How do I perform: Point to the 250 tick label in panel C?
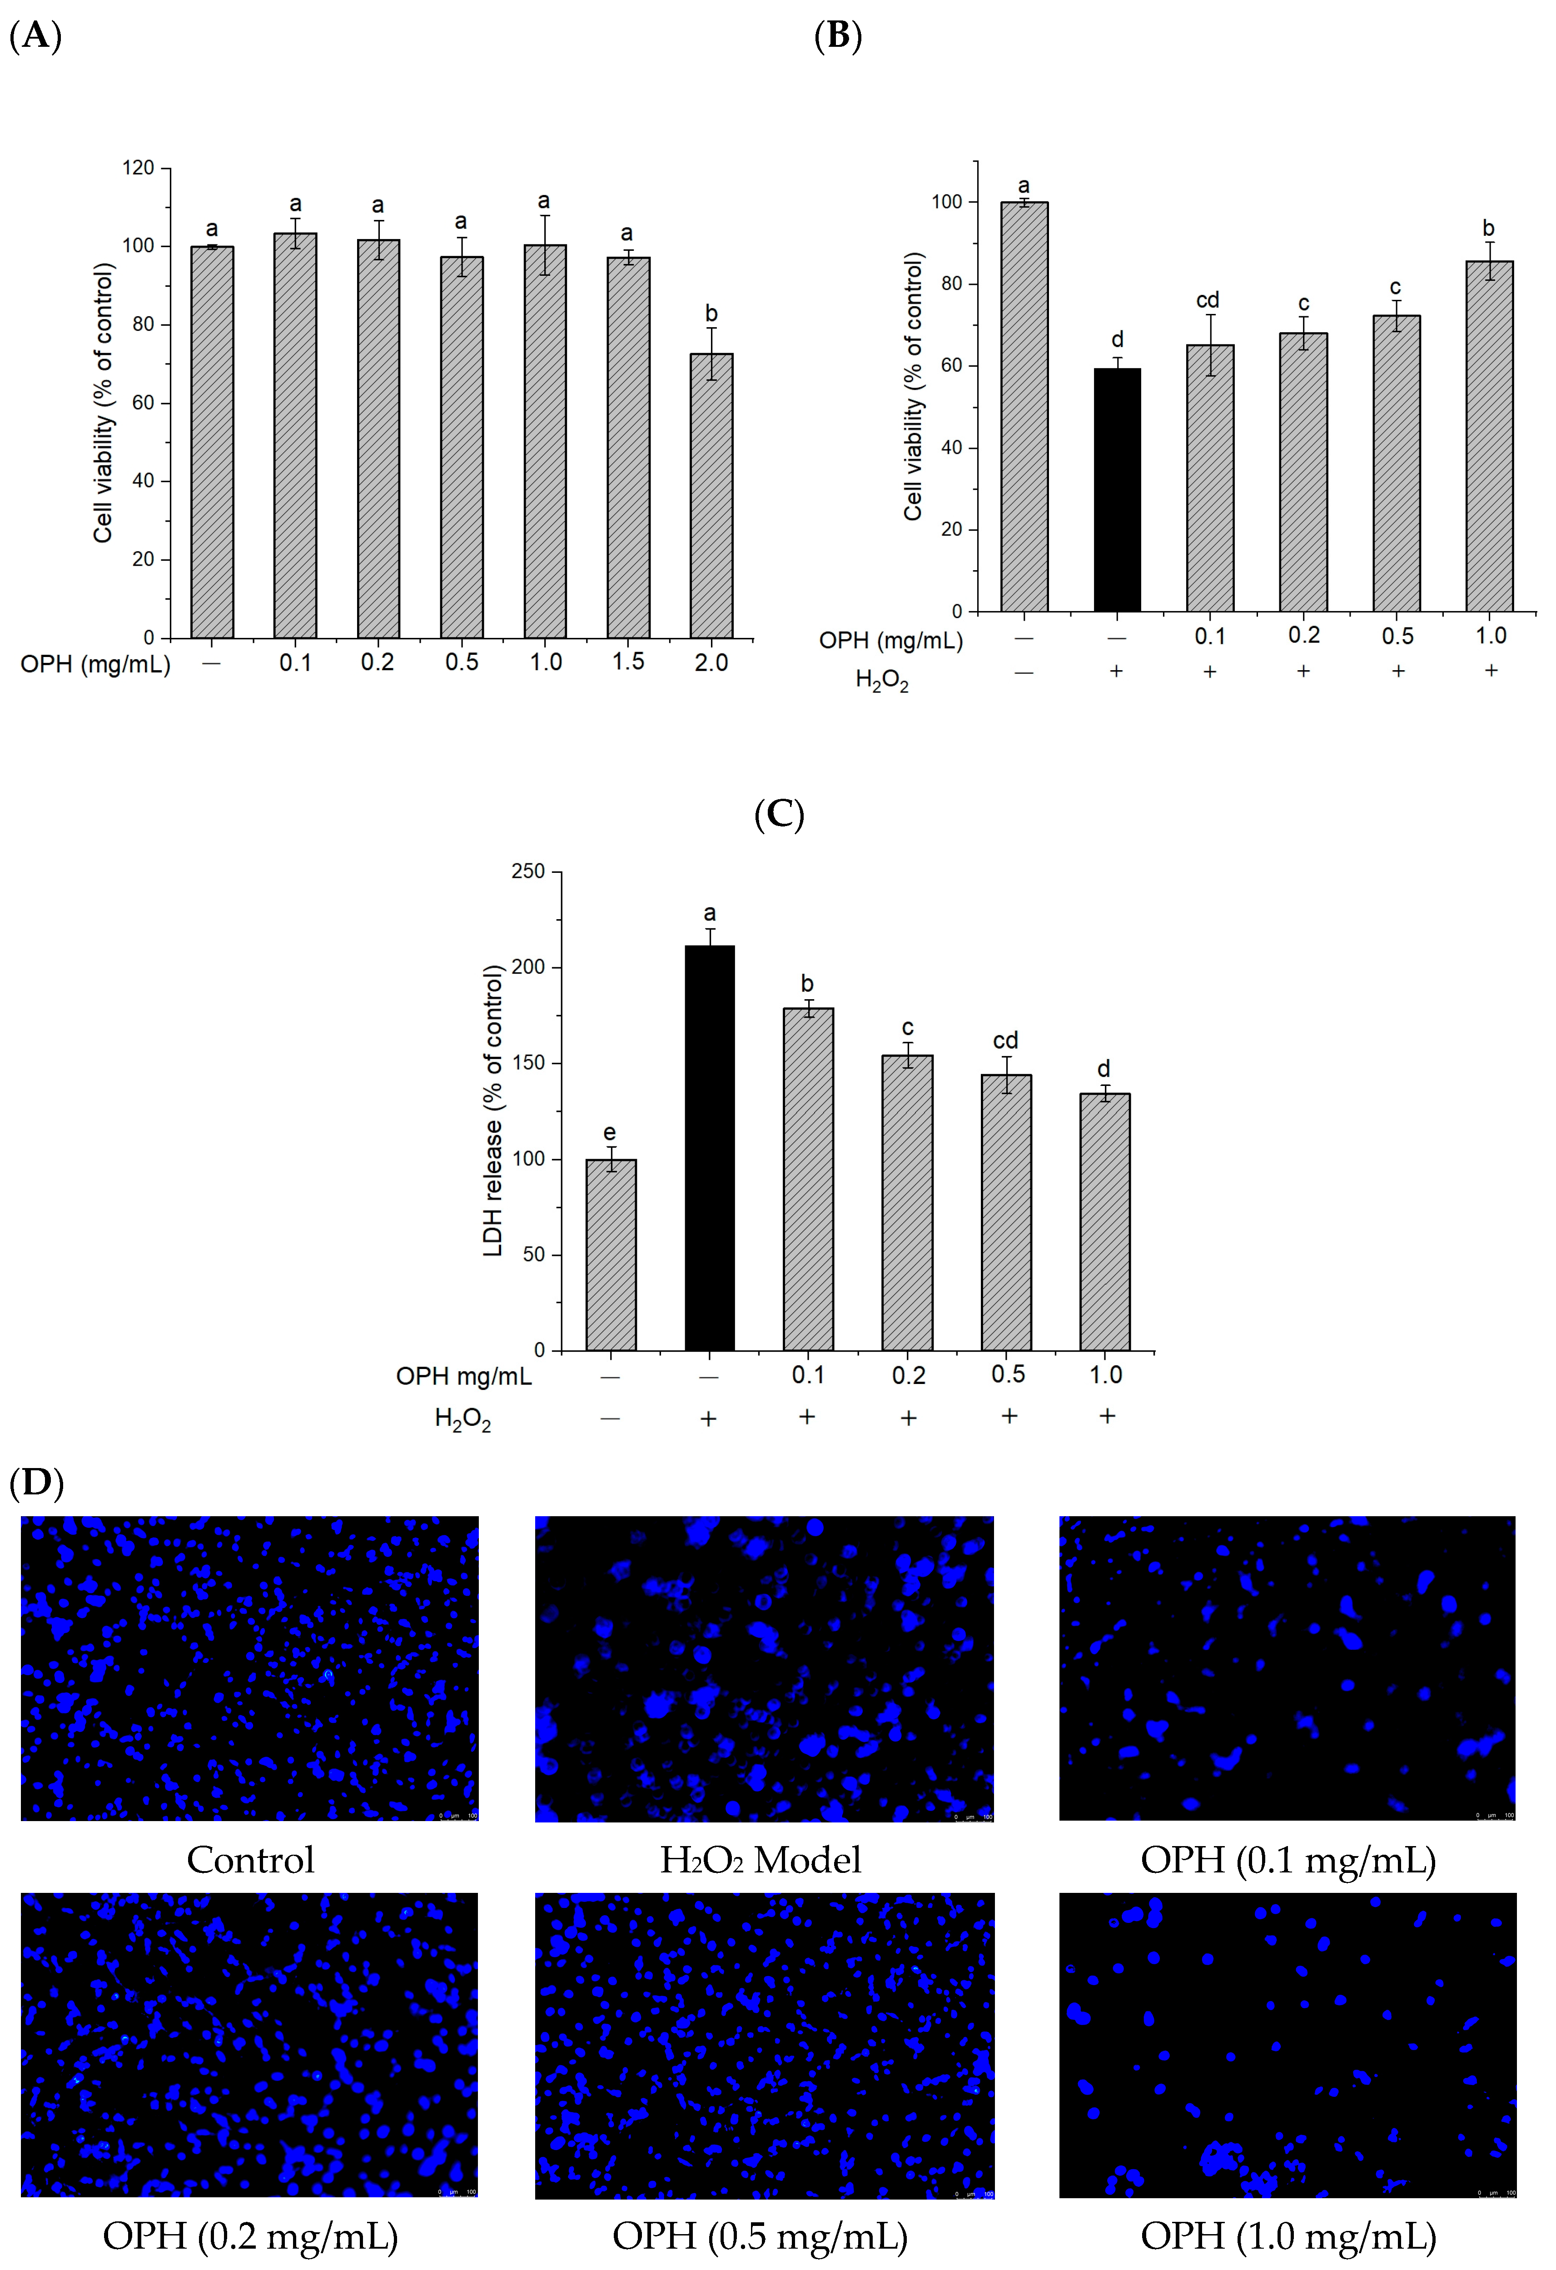[x=528, y=871]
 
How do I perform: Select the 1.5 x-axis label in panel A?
[x=628, y=662]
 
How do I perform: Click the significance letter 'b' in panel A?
[x=711, y=314]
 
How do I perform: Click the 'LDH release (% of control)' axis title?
[x=493, y=1110]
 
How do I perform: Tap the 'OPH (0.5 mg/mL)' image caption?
[x=760, y=2236]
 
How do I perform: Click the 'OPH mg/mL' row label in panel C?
[x=464, y=1376]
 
